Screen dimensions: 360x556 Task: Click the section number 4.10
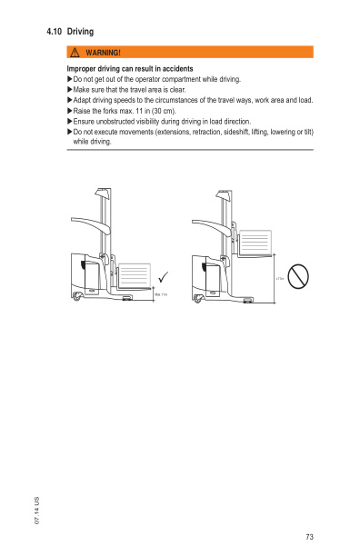[x=54, y=32]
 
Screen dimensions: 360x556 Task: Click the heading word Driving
[x=81, y=32]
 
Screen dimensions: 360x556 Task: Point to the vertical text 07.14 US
[x=37, y=510]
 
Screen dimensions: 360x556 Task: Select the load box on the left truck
[x=135, y=274]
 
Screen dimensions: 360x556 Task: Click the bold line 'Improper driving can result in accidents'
[x=129, y=69]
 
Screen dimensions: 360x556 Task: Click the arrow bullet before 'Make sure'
[x=70, y=90]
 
